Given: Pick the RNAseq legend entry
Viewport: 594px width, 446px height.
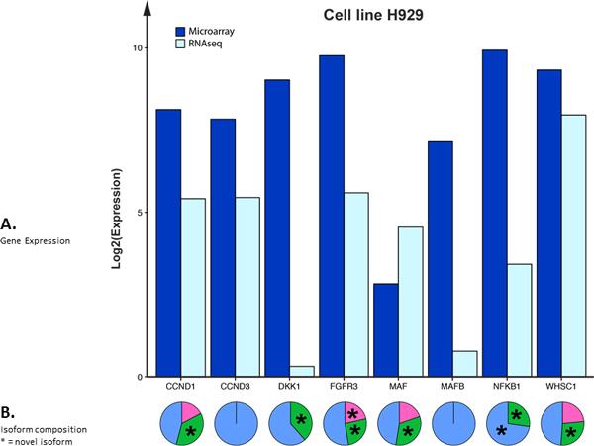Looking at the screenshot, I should pos(206,45).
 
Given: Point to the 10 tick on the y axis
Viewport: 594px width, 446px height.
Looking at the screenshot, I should pos(139,47).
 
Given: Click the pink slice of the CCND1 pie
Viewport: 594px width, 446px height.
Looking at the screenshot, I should pos(190,408).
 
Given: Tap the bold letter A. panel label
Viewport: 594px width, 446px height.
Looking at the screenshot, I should pos(8,224).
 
